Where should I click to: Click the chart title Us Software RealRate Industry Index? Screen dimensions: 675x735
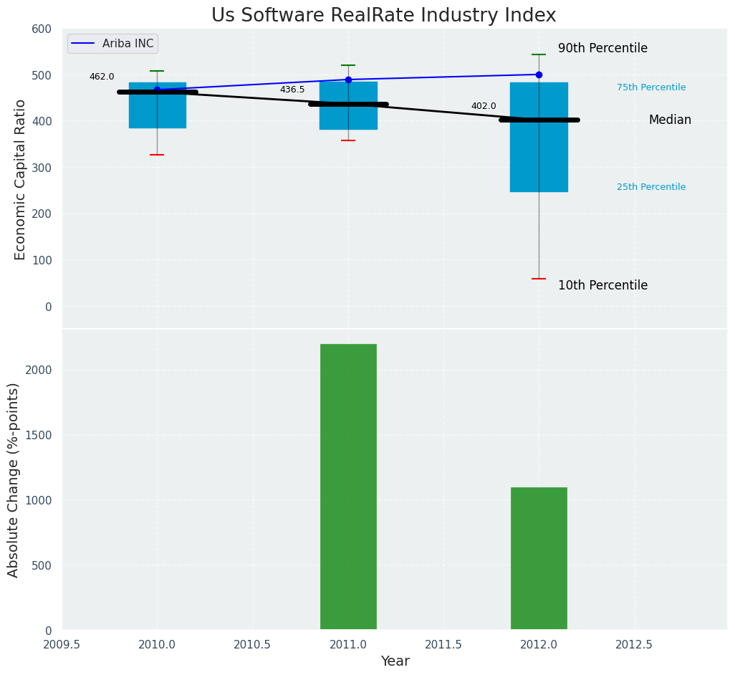(x=383, y=16)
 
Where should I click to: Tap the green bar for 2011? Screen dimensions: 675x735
(x=348, y=487)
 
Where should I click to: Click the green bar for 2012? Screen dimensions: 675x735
(x=539, y=558)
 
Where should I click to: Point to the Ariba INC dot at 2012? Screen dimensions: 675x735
(x=539, y=75)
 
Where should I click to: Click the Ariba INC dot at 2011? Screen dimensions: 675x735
(x=348, y=80)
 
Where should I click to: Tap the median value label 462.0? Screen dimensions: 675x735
(x=102, y=77)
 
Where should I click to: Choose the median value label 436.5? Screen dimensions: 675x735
(x=292, y=90)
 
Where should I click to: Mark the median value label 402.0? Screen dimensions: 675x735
(x=484, y=106)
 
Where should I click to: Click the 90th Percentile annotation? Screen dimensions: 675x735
(x=602, y=49)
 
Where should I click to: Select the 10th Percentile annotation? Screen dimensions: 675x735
(x=602, y=285)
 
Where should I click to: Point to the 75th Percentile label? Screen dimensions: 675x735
(x=651, y=87)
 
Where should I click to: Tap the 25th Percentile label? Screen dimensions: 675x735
(x=651, y=187)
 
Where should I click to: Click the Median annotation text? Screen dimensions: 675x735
(x=670, y=120)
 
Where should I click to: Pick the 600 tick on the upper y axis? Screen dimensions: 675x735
(x=42, y=29)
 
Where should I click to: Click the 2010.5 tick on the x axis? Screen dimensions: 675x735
(x=252, y=645)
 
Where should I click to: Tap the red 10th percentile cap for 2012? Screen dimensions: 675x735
(x=539, y=279)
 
